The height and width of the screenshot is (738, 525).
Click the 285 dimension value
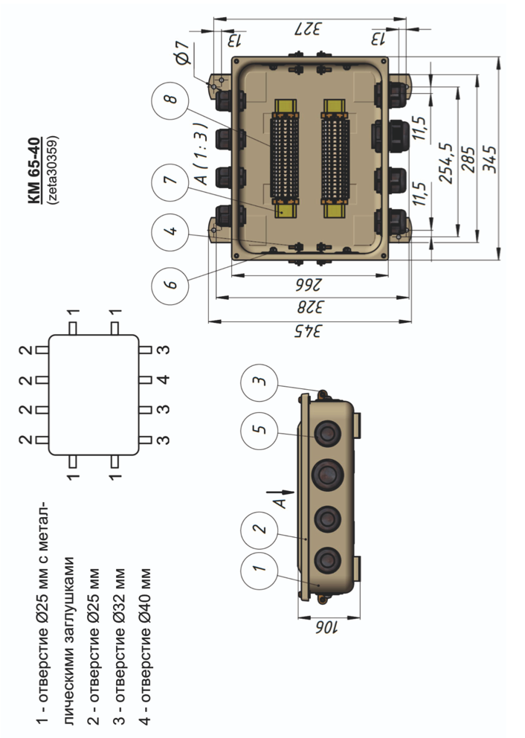click(467, 158)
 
